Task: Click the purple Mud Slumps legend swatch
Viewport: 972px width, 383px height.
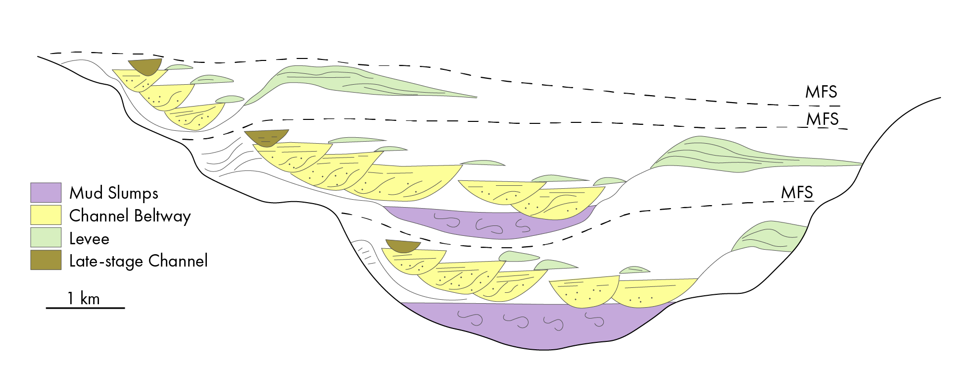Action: [46, 193]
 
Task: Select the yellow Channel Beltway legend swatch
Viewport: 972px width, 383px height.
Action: [46, 216]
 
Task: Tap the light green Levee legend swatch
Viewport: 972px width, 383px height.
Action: [46, 237]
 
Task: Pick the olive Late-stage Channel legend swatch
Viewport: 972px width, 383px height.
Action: [46, 260]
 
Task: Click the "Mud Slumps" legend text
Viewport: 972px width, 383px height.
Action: [114, 193]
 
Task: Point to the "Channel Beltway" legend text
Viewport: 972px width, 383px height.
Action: [130, 216]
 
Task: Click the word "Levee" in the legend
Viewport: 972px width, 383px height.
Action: [89, 238]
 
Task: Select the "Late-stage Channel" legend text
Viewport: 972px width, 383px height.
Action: [139, 261]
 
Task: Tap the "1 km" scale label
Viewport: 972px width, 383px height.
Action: [84, 298]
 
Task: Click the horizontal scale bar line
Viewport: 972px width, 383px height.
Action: [86, 308]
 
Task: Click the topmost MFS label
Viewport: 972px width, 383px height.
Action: [821, 92]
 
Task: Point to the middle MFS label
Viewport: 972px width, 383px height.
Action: [823, 119]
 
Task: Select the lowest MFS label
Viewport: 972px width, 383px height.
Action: [797, 192]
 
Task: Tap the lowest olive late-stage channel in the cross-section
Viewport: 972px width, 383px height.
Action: [403, 246]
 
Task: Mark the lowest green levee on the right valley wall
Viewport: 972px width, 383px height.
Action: [770, 237]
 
